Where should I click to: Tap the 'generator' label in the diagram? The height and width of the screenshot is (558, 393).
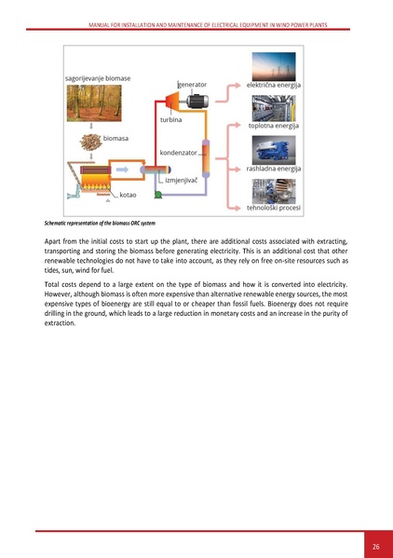(191, 84)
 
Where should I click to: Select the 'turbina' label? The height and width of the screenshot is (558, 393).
(170, 120)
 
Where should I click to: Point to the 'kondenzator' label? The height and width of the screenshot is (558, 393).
(177, 151)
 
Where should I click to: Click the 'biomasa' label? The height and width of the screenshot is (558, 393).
(115, 138)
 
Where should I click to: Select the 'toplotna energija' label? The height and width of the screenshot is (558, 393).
(272, 126)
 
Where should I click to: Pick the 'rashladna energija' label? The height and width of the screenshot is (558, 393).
(272, 169)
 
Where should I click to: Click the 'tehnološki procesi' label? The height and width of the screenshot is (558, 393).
(272, 209)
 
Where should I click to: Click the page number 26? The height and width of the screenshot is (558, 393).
(374, 545)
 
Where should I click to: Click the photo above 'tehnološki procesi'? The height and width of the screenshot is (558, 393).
(272, 191)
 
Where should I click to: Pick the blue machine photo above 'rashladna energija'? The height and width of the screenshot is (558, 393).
(272, 149)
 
